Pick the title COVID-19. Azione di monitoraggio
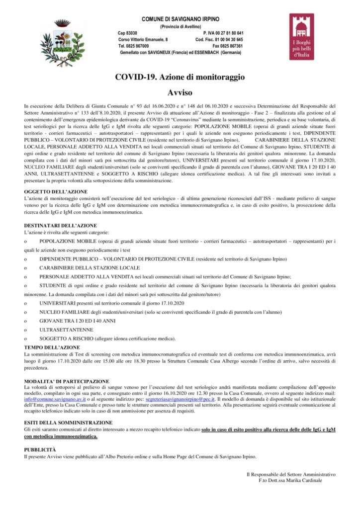click(x=180, y=78)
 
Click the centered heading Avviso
click(x=180, y=92)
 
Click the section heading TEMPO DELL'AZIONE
click(x=52, y=346)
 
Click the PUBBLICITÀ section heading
click(x=40, y=449)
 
